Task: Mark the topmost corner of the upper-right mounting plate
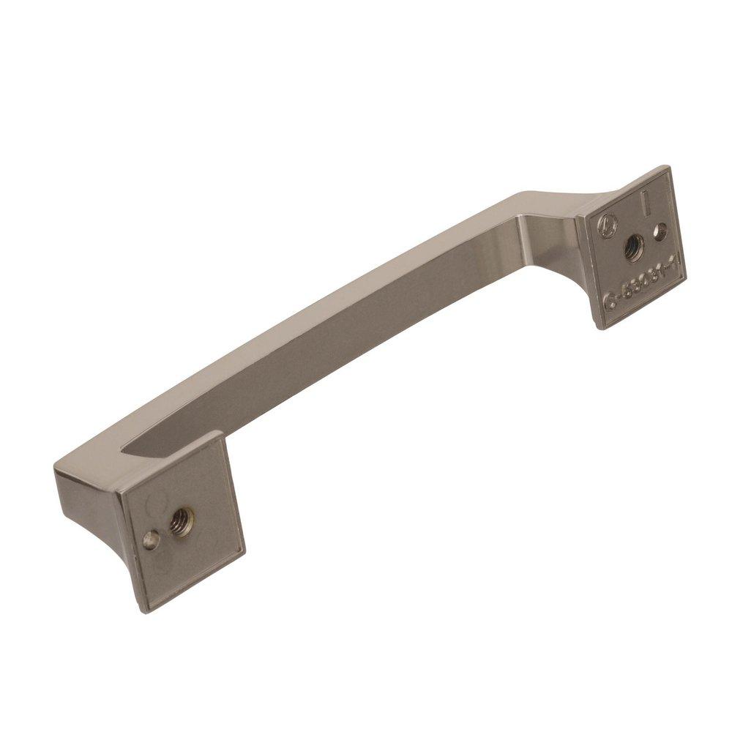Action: tap(668, 166)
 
